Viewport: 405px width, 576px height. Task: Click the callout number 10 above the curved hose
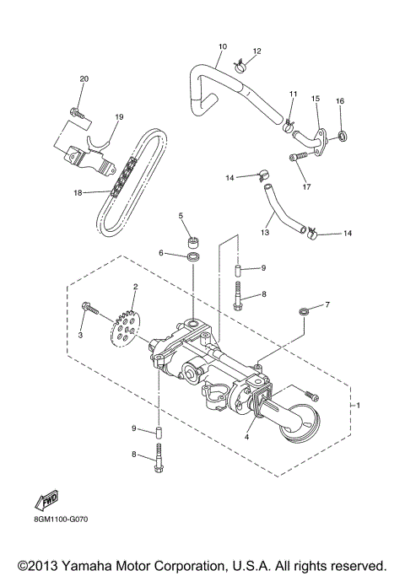223,46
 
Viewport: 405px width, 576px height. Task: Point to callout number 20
84,78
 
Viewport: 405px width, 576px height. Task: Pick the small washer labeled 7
302,314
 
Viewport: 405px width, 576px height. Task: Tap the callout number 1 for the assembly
359,406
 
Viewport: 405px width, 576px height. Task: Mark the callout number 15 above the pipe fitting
316,99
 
